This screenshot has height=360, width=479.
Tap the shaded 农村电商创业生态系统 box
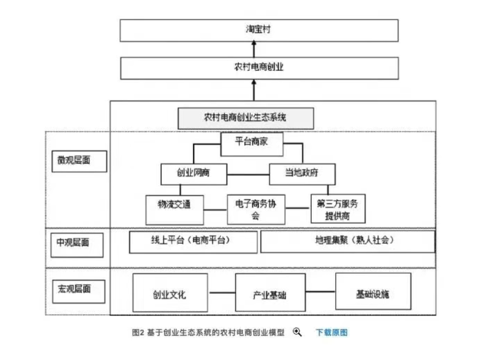tap(246, 118)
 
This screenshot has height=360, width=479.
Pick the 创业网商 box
tap(193, 174)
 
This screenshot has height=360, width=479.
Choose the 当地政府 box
tap(302, 174)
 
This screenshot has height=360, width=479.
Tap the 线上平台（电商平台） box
tap(193, 242)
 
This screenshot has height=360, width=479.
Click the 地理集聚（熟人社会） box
tap(347, 241)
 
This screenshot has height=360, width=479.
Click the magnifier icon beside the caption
tap(297, 332)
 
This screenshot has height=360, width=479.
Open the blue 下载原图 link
tap(331, 332)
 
